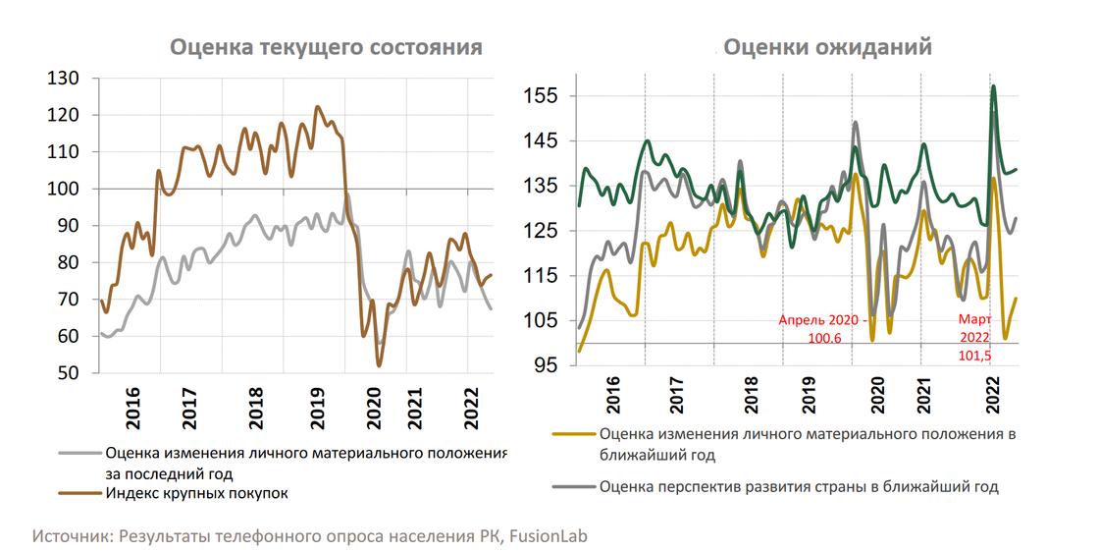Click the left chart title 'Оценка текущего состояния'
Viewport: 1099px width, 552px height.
[327, 47]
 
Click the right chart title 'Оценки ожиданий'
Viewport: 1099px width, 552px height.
[827, 47]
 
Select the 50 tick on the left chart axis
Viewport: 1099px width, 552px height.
[66, 373]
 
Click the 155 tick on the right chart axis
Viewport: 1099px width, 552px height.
[542, 96]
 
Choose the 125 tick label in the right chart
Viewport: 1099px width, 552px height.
[542, 231]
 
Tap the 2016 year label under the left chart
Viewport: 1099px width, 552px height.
[133, 403]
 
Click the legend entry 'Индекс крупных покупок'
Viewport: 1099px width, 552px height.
[196, 493]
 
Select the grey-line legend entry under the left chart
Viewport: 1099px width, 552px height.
[304, 463]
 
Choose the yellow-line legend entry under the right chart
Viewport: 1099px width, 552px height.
[805, 444]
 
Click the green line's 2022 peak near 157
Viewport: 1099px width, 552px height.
[994, 87]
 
